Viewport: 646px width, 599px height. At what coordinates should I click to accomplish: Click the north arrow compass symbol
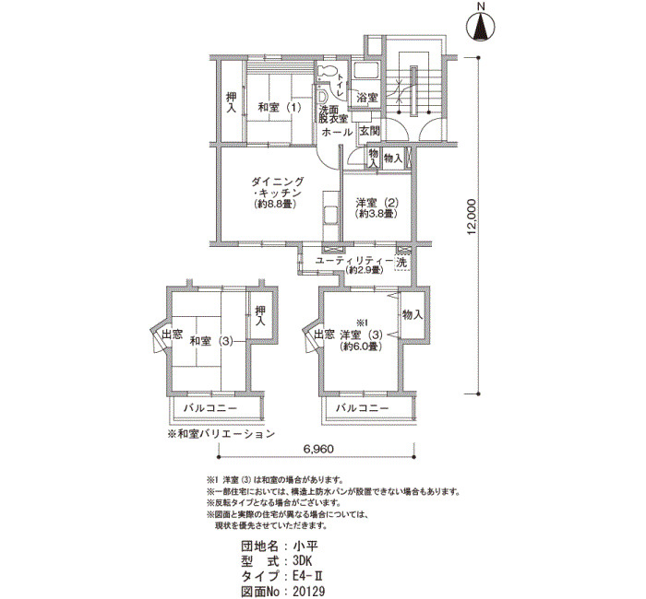pyautogui.click(x=482, y=26)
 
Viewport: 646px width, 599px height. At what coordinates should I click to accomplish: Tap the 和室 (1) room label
pyautogui.click(x=279, y=108)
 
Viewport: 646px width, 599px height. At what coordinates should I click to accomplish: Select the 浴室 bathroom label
pyautogui.click(x=367, y=98)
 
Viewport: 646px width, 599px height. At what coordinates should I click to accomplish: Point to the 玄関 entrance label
pyautogui.click(x=369, y=132)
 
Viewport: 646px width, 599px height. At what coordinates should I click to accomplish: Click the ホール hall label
pyautogui.click(x=337, y=132)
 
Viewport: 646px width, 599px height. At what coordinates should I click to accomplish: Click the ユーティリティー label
pyautogui.click(x=354, y=261)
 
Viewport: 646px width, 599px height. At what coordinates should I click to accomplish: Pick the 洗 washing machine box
pyautogui.click(x=402, y=263)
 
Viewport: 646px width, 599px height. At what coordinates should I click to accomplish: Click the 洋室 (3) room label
pyautogui.click(x=362, y=335)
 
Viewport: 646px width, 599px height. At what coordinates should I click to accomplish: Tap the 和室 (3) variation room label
pyautogui.click(x=211, y=341)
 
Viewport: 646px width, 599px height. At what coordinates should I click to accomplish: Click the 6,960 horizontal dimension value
pyautogui.click(x=318, y=448)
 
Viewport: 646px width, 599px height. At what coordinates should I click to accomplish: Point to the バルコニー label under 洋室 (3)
pyautogui.click(x=362, y=408)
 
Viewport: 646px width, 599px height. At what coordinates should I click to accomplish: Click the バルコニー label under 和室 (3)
pyautogui.click(x=210, y=408)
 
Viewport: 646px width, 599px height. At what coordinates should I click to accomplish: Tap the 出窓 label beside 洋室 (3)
pyautogui.click(x=325, y=334)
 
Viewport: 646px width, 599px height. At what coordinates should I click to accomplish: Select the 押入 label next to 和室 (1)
pyautogui.click(x=232, y=102)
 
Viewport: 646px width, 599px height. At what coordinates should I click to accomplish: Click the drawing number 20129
pyautogui.click(x=309, y=592)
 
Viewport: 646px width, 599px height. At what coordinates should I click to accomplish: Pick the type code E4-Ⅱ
pyautogui.click(x=305, y=576)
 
